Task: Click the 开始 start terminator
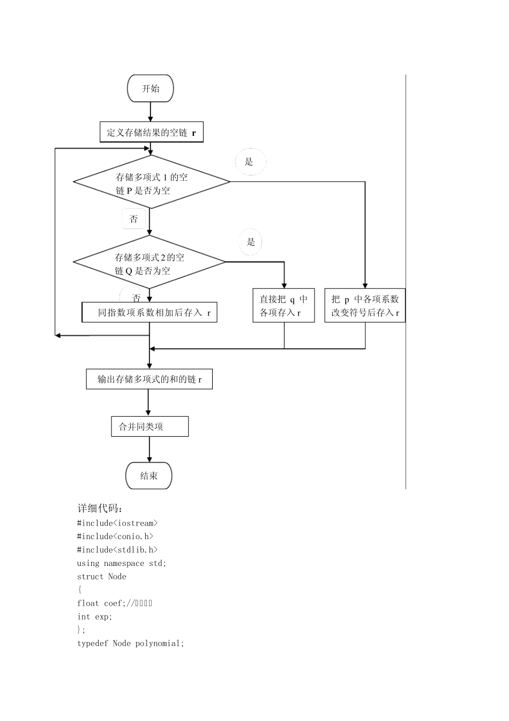tap(150, 89)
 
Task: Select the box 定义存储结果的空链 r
tap(151, 133)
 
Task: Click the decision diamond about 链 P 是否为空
tap(152, 182)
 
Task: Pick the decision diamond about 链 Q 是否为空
tap(149, 263)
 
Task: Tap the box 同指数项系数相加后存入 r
tap(149, 312)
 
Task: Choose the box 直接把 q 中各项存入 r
tap(283, 306)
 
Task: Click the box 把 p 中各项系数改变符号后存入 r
tap(365, 306)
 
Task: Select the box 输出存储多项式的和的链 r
tap(149, 379)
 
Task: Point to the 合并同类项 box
tap(149, 426)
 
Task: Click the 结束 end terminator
tap(149, 476)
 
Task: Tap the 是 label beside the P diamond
tap(249, 161)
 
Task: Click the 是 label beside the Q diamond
tap(251, 241)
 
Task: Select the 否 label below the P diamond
tap(133, 219)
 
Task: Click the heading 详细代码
tap(100, 509)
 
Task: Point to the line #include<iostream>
tap(117, 523)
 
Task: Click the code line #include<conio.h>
tap(115, 536)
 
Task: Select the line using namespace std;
tap(122, 563)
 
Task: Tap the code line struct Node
tap(102, 577)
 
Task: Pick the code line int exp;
tap(95, 617)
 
